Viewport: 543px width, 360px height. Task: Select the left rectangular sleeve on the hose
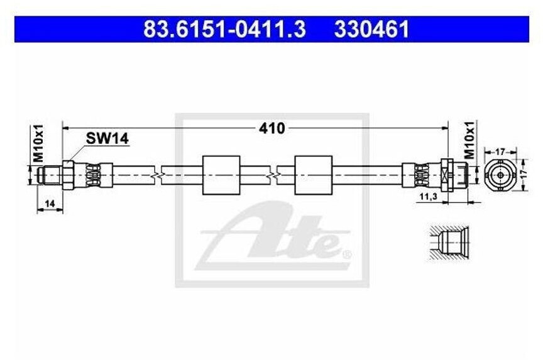click(221, 174)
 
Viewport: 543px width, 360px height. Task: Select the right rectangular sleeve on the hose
click(313, 174)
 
